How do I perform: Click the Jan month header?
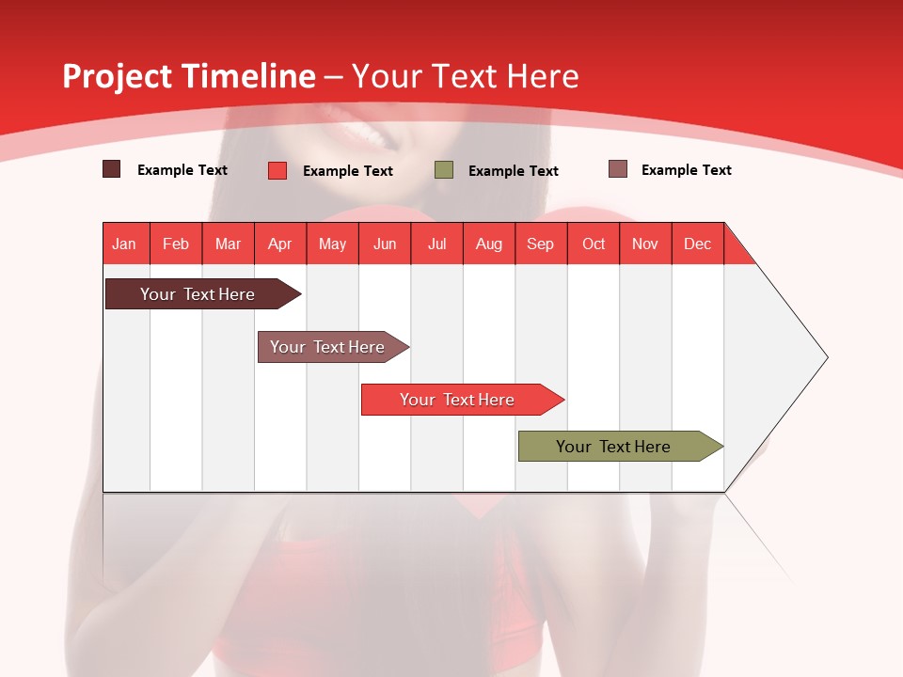coord(125,244)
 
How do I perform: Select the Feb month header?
coord(176,244)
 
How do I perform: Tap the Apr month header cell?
coord(280,244)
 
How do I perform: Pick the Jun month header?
coord(385,244)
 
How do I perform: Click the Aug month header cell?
coord(489,244)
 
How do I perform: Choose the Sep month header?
coord(541,244)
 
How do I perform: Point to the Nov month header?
coord(645,244)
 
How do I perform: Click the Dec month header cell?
coord(698,244)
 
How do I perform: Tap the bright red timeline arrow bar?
coord(458,400)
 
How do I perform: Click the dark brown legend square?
coord(112,169)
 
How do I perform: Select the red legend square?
coord(277,170)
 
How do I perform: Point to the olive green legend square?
coord(444,170)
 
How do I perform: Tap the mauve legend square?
coord(618,169)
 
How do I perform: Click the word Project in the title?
coord(118,76)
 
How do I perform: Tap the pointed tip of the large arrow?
coord(825,357)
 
